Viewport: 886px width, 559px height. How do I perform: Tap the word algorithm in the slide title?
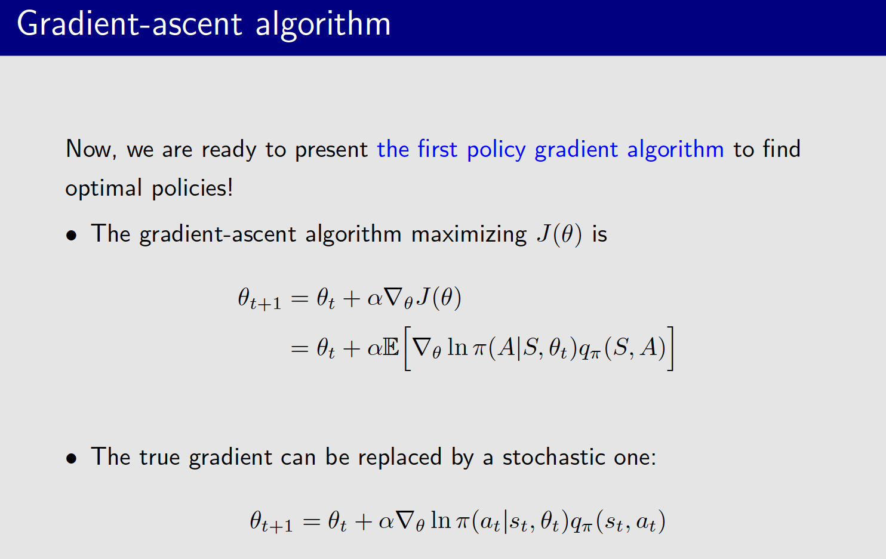pos(323,24)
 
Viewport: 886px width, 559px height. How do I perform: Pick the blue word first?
pos(437,149)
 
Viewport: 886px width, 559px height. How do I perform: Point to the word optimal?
pos(104,189)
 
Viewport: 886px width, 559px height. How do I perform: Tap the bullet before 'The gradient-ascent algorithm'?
pos(72,236)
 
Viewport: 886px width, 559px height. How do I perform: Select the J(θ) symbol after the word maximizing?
pos(559,234)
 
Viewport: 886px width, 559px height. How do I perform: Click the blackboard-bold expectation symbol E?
pos(391,347)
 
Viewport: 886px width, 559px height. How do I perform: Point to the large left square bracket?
pos(408,348)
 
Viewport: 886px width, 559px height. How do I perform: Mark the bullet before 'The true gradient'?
pos(72,459)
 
